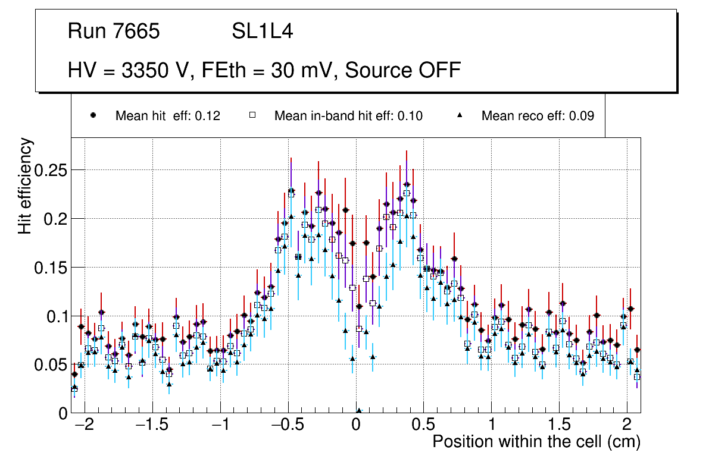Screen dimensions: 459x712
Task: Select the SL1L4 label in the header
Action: click(262, 32)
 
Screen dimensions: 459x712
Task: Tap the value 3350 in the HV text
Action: click(143, 70)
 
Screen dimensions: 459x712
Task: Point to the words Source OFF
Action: click(403, 70)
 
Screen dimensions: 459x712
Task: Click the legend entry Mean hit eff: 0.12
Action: click(167, 116)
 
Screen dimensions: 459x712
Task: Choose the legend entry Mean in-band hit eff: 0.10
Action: click(348, 116)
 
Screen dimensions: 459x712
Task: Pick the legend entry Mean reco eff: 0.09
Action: click(538, 116)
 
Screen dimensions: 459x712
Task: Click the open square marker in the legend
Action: click(252, 116)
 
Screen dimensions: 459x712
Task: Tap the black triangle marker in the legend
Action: click(460, 116)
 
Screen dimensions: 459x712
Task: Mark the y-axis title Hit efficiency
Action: click(26, 186)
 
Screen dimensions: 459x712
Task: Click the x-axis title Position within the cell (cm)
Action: click(536, 442)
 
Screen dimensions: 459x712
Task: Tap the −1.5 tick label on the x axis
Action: click(152, 426)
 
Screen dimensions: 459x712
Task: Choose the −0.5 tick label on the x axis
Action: click(288, 426)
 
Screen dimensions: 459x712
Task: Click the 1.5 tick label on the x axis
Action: click(559, 426)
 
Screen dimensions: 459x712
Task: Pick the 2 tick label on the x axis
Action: click(627, 426)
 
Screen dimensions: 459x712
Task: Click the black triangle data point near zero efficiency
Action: click(359, 410)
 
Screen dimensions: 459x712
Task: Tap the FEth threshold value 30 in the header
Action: click(282, 70)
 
